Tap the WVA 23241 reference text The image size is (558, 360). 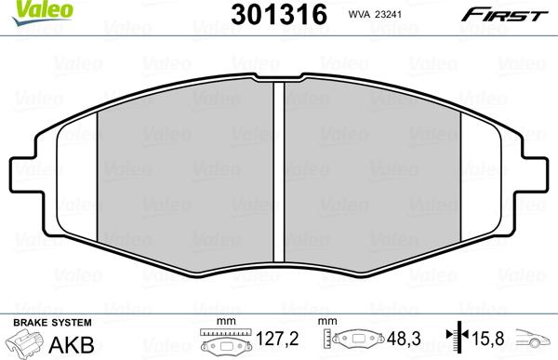pyautogui.click(x=372, y=14)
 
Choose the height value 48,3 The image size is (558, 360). pyautogui.click(x=405, y=340)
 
